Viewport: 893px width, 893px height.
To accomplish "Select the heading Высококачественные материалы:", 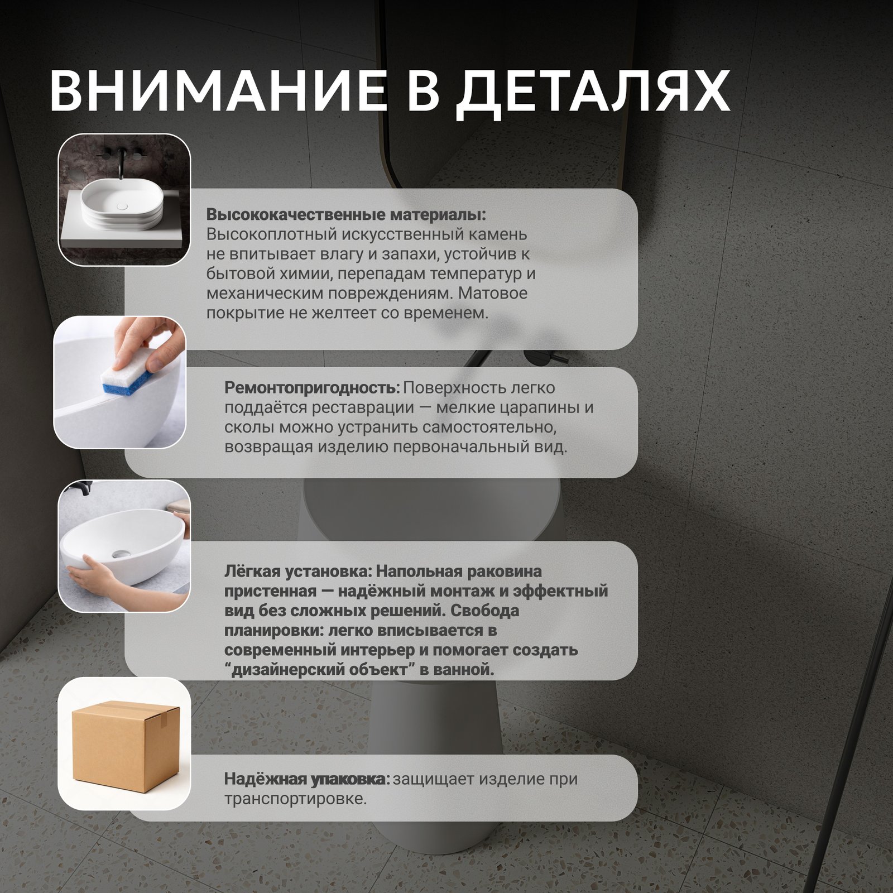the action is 346,215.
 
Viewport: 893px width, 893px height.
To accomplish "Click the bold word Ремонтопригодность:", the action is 312,388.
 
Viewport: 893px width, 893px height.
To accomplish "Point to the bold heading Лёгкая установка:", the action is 297,572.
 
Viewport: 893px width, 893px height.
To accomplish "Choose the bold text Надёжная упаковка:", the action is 306,779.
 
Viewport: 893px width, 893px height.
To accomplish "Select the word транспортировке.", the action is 295,799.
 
